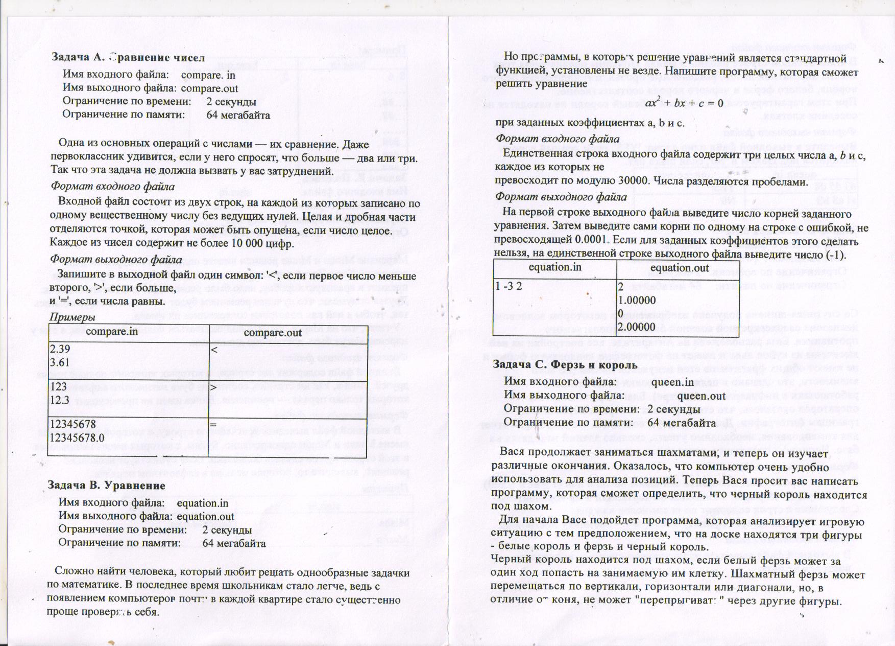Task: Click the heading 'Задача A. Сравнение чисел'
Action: pyautogui.click(x=128, y=57)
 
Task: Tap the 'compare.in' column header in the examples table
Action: pyautogui.click(x=112, y=331)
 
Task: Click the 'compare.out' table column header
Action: pyautogui.click(x=273, y=333)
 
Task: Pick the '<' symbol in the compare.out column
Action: pyautogui.click(x=214, y=350)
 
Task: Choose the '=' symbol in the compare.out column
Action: pyautogui.click(x=213, y=425)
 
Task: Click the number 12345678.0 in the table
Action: pyautogui.click(x=77, y=437)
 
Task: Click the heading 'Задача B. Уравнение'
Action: pyautogui.click(x=106, y=485)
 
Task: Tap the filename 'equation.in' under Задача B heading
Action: pyautogui.click(x=202, y=503)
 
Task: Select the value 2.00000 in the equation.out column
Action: pyautogui.click(x=636, y=327)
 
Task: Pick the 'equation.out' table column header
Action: pyautogui.click(x=679, y=268)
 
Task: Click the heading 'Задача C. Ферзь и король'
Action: pyautogui.click(x=565, y=364)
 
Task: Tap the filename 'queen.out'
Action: pyautogui.click(x=701, y=396)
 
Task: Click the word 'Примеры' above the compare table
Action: pyautogui.click(x=72, y=317)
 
